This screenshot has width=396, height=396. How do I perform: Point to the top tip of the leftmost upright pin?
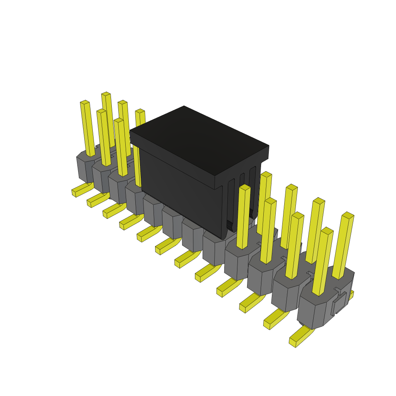tap(85, 102)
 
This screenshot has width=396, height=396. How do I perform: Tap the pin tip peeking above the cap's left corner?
tap(140, 112)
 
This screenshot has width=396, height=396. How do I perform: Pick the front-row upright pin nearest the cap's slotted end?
tap(243, 217)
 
